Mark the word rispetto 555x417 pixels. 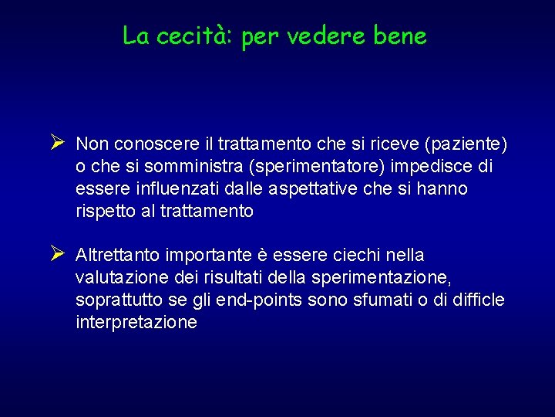(x=104, y=212)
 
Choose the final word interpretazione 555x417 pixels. (x=136, y=323)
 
